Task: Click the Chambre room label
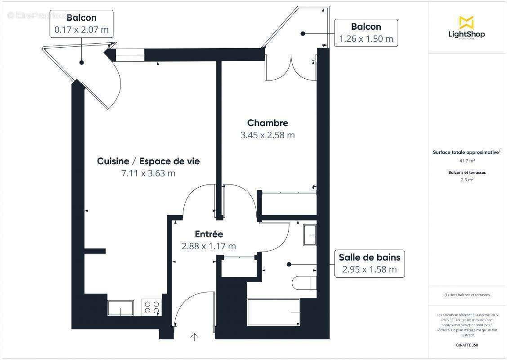267,123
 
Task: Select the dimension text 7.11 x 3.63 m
148,173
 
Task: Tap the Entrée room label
209,234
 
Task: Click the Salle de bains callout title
369,257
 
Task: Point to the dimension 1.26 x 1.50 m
366,39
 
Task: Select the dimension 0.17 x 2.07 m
81,30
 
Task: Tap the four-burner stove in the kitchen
152,307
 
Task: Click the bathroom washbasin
310,235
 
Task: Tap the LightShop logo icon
466,22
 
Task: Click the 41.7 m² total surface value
467,160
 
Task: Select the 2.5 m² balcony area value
467,180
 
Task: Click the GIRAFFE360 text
467,345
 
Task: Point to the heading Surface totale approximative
466,153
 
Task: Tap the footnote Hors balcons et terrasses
467,295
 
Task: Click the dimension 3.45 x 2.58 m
267,135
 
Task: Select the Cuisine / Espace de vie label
148,161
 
